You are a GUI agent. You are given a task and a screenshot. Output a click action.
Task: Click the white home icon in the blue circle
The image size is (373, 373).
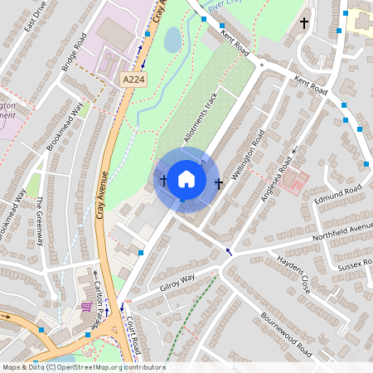[186, 179]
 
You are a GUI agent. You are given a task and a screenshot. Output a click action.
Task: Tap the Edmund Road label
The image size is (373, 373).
[338, 196]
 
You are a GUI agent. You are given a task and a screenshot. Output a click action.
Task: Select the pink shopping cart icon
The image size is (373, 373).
[86, 307]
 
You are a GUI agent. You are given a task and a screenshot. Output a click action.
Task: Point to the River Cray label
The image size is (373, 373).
[227, 7]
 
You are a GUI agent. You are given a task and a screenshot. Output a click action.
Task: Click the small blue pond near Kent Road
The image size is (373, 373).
[173, 39]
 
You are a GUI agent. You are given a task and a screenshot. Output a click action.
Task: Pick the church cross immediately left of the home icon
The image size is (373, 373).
[162, 180]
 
